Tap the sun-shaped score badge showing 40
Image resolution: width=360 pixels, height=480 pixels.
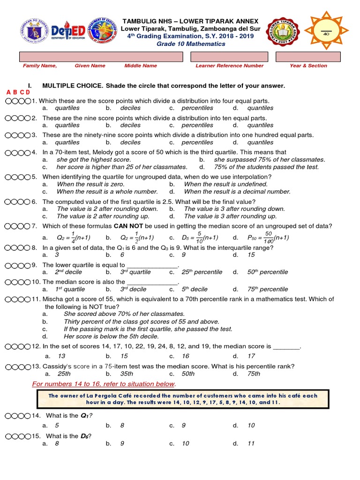pyautogui.click(x=325, y=31)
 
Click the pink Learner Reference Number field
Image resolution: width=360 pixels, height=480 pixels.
pyautogui.click(x=229, y=57)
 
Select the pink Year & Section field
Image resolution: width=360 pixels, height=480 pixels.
pyautogui.click(x=308, y=57)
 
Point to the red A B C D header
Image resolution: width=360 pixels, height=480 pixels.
pyautogui.click(x=18, y=92)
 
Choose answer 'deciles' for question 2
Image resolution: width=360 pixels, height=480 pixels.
pyautogui.click(x=130, y=125)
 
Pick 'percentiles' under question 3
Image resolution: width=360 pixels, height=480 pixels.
pyautogui.click(x=197, y=142)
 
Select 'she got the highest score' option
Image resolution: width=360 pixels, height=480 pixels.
pyautogui.click(x=94, y=160)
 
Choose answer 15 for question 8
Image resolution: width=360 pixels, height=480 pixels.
pyautogui.click(x=251, y=255)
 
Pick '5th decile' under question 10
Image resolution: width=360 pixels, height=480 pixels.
pyautogui.click(x=195, y=290)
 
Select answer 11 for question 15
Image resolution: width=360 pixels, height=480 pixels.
pyautogui.click(x=251, y=443)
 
